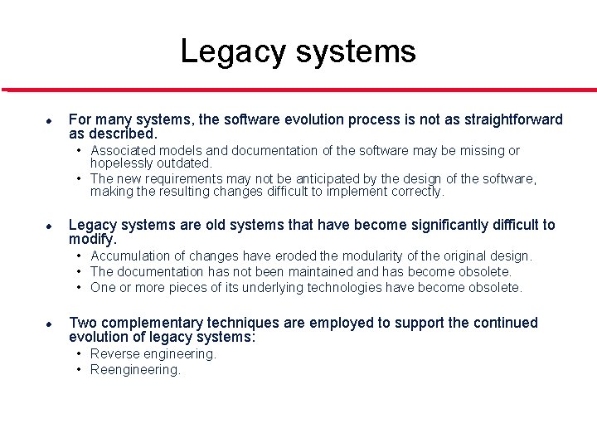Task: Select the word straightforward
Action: [x=508, y=119]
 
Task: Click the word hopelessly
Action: [x=122, y=163]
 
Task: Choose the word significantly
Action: [x=422, y=225]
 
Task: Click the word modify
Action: [x=92, y=238]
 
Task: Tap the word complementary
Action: [x=147, y=323]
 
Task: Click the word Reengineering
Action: [x=135, y=370]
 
